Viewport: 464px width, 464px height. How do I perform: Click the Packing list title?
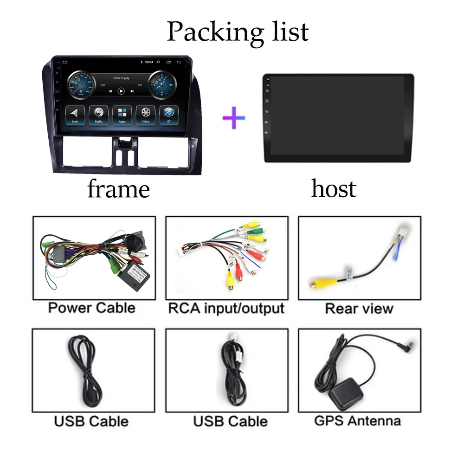237,32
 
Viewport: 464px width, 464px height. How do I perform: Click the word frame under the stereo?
118,189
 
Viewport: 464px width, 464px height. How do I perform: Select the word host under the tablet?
334,189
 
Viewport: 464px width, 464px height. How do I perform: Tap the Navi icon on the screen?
75,114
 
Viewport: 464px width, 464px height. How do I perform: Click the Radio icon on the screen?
99,114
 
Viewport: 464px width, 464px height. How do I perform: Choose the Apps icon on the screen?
122,114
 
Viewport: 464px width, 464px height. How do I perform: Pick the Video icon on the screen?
146,114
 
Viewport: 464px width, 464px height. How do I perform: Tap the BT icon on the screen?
168,114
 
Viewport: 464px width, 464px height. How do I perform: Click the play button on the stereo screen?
121,91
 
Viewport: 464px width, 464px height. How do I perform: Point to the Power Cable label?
92,308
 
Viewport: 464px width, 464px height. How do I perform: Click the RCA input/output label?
226,308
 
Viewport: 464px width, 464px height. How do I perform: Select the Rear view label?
359,309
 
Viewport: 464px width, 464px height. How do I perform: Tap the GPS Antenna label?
357,421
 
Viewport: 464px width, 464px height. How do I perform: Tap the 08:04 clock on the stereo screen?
149,62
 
